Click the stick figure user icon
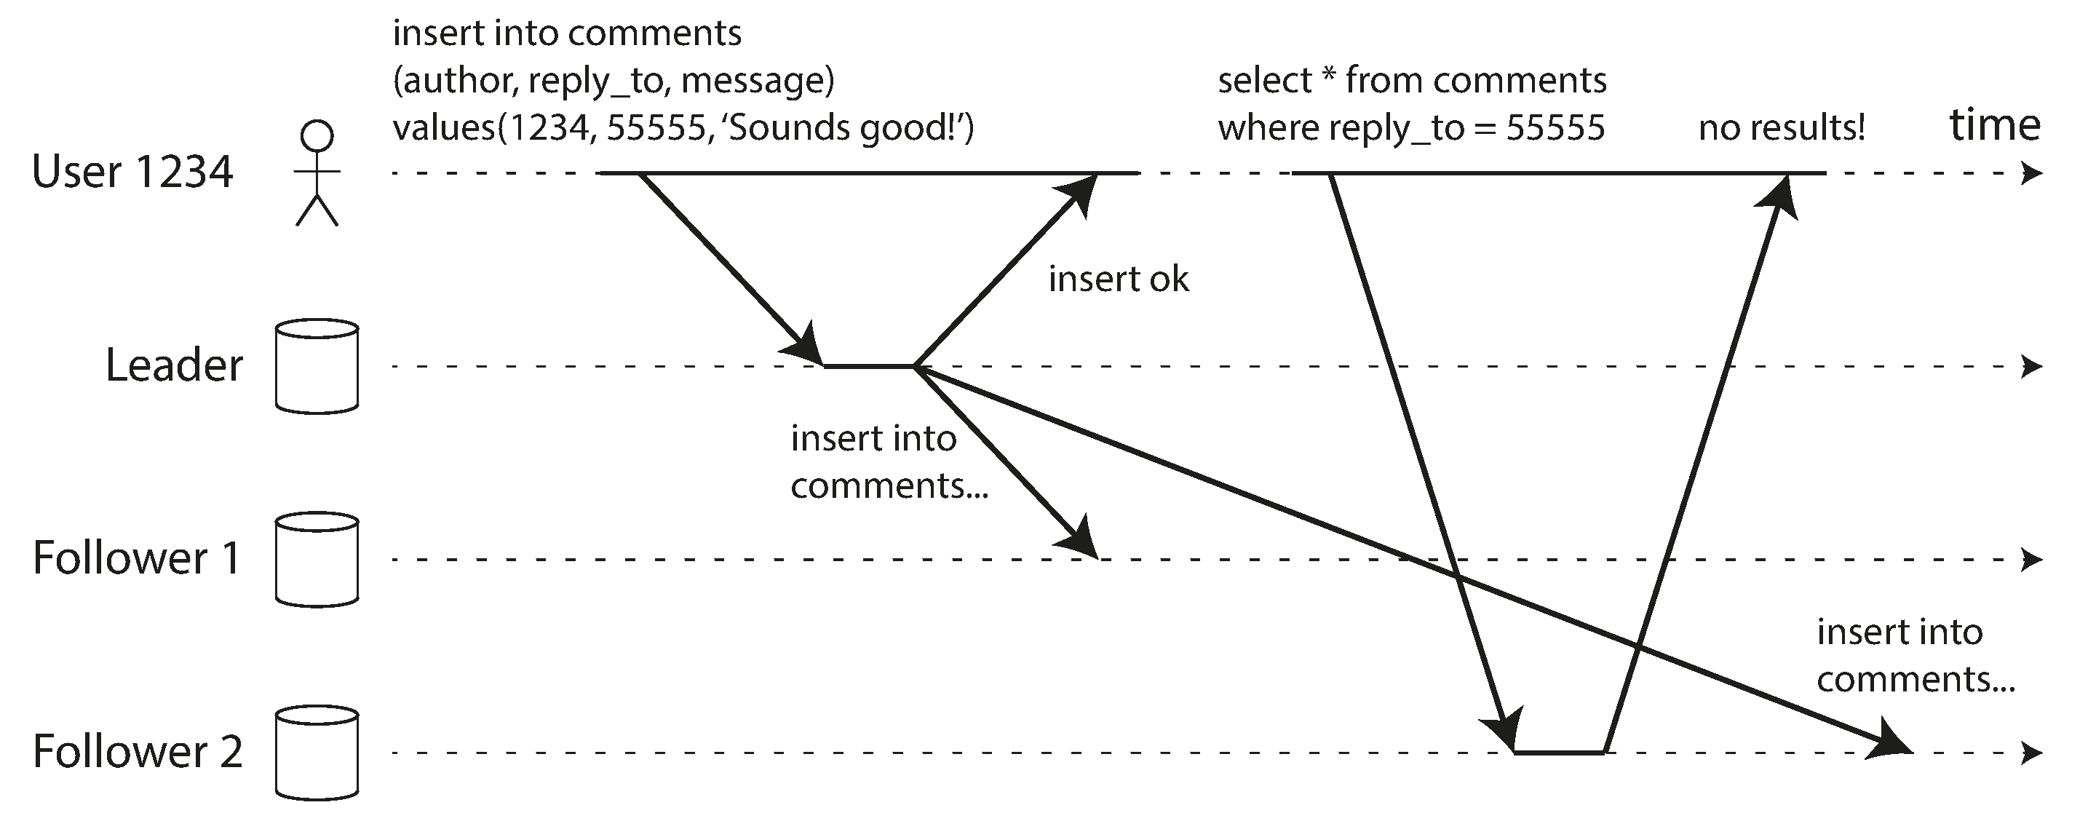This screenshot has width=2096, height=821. tap(317, 172)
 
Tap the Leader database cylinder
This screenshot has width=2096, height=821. tap(317, 366)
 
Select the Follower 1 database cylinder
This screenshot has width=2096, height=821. tap(317, 560)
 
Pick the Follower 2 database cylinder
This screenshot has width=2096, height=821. tap(317, 753)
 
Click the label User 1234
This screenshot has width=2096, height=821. tap(132, 172)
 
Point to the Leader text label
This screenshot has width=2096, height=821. tap(174, 365)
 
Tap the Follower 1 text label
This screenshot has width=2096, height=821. tap(137, 558)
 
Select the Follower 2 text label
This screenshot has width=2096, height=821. tap(138, 751)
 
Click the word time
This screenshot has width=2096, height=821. tap(1995, 125)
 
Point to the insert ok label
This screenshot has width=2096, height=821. tap(1118, 279)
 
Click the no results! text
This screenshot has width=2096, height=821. tap(1781, 128)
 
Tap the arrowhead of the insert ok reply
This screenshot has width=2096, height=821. tap(1077, 194)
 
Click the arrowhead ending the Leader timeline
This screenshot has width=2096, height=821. tap(2032, 367)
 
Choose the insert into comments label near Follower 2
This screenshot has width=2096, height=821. tap(1916, 656)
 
